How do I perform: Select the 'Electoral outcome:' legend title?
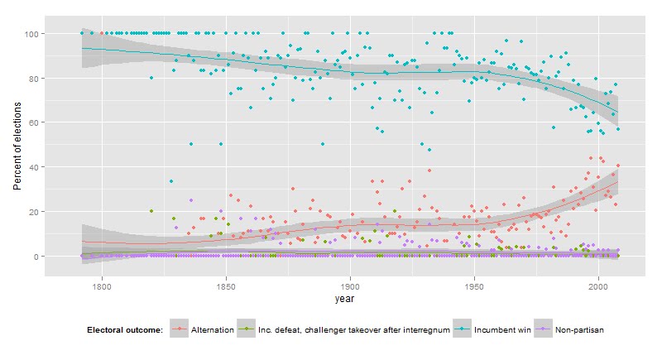point(125,329)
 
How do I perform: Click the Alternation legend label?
point(212,329)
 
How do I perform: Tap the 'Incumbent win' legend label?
point(496,329)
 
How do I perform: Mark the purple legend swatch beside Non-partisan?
point(544,329)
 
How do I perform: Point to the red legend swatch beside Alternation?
point(179,329)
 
